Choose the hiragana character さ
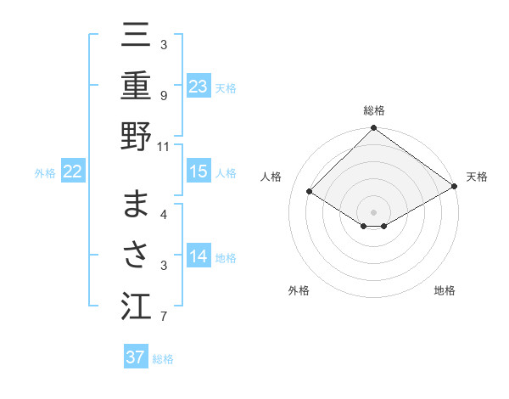tap(136, 256)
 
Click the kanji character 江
tap(136, 306)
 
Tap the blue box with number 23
tap(199, 86)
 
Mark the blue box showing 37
tap(136, 357)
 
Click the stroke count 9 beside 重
tap(164, 96)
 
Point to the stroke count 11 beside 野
tap(164, 146)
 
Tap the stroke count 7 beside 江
tap(164, 318)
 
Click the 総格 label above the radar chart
tap(374, 110)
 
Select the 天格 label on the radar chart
tap(478, 177)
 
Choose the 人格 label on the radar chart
tap(271, 177)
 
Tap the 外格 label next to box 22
tap(45, 173)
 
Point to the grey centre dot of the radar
tap(373, 211)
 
